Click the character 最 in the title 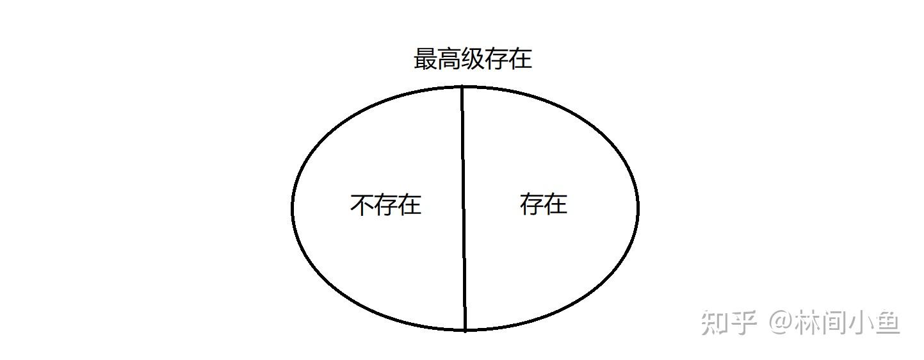425,60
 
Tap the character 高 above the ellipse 449,60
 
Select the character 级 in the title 473,60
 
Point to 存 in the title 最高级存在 496,60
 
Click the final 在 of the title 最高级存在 520,60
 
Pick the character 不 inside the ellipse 362,205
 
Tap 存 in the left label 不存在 385,205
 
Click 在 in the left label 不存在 409,205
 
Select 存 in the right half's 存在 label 531,204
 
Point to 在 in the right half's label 555,204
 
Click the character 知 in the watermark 714,322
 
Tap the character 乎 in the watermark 744,322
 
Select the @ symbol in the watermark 781,322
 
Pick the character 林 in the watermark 810,322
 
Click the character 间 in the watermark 839,322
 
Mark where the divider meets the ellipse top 462,86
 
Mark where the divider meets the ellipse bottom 465,330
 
